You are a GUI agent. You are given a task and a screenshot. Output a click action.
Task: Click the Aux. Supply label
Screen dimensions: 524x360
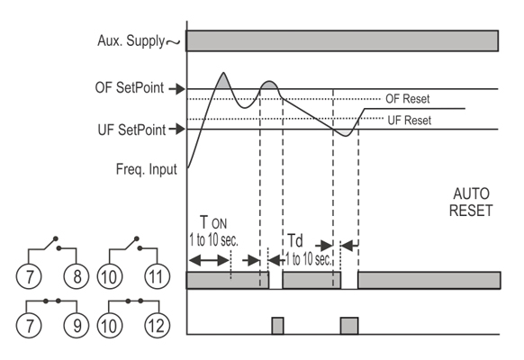pos(131,41)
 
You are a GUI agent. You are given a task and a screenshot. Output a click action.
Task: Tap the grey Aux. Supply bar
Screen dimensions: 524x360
pos(342,40)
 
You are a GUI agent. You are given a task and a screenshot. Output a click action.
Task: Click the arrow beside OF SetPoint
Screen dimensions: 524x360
pos(176,89)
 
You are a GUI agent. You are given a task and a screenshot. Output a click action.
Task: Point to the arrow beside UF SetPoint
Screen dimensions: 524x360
pos(176,129)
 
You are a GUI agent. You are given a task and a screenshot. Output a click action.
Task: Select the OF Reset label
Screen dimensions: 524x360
pos(407,99)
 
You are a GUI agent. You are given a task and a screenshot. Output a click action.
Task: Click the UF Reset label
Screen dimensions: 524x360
pos(410,121)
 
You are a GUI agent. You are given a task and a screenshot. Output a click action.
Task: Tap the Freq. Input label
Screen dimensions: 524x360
pos(147,169)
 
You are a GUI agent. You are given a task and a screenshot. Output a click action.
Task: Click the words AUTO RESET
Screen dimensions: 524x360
pos(471,202)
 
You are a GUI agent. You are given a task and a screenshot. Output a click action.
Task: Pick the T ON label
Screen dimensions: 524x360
pos(213,222)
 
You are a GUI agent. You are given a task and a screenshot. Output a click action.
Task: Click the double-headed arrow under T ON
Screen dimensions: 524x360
pos(209,260)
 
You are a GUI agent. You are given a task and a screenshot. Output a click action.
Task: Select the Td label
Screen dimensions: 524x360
pos(294,240)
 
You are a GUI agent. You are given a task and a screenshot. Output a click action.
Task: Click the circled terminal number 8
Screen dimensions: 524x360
pos(77,276)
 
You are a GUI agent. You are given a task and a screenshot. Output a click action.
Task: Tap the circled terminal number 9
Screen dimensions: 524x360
pos(77,325)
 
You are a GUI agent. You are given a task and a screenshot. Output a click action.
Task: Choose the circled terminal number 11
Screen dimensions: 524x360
pos(157,276)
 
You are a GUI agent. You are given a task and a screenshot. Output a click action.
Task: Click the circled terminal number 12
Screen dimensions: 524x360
pos(157,325)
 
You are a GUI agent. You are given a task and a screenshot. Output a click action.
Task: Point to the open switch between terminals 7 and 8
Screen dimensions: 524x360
pos(52,245)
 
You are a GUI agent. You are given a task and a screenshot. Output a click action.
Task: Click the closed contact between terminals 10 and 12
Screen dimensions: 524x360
pos(134,301)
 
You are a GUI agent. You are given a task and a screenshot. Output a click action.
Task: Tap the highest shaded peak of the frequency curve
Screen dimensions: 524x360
pos(223,81)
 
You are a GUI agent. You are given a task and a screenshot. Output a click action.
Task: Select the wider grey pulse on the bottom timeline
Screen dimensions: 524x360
pos(349,326)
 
